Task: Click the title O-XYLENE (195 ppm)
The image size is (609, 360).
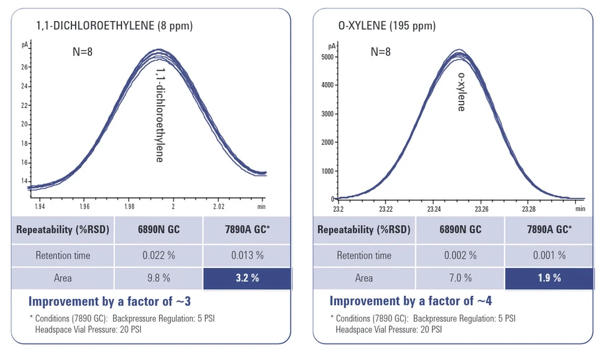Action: coord(386,26)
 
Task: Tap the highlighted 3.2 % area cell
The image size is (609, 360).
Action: coord(247,278)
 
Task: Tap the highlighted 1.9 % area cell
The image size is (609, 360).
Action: coord(549,278)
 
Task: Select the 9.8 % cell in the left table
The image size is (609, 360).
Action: coord(159,278)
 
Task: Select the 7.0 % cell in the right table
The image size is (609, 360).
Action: coord(460,278)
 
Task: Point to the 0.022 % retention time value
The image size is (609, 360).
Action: coord(159,255)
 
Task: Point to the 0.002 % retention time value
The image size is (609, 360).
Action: coord(460,255)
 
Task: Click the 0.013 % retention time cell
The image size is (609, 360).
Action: coord(247,255)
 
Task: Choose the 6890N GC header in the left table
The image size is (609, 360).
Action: coord(159,230)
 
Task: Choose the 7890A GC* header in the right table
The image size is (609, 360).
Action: coord(549,230)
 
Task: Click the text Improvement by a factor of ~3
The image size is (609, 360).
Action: coord(110,301)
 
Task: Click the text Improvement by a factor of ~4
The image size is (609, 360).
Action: coord(411,301)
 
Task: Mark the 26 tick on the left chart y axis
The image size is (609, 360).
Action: coord(24,67)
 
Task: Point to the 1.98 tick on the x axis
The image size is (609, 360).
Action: coord(130,206)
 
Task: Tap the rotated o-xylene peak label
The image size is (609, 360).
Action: coord(461,91)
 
